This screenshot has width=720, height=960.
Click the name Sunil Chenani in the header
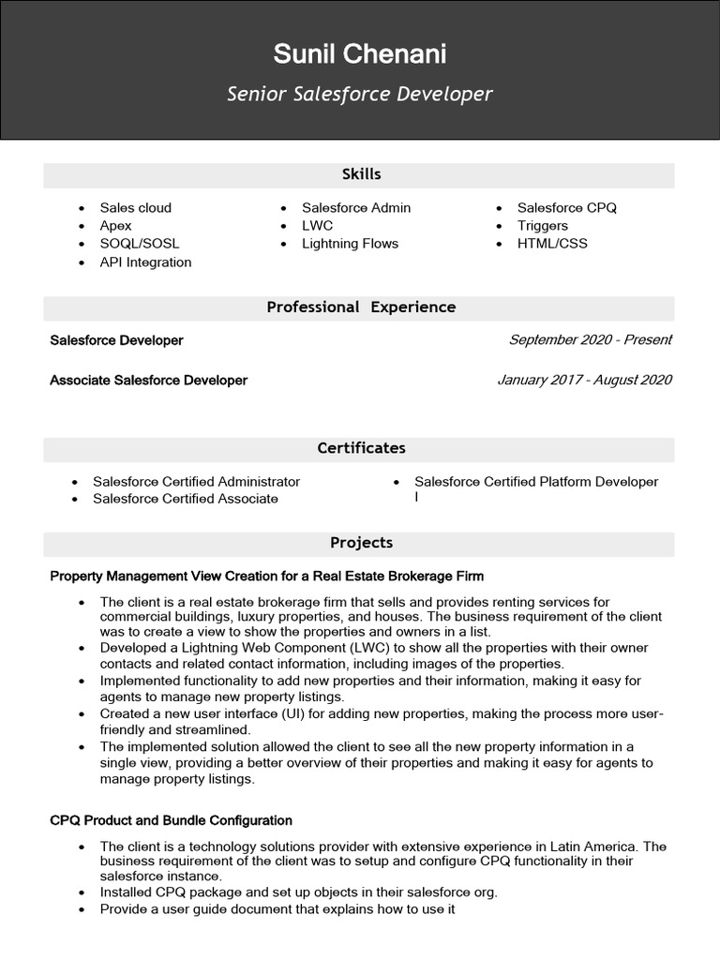(360, 54)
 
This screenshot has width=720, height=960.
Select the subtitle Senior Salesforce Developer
(360, 95)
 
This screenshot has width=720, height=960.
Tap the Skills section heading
(361, 174)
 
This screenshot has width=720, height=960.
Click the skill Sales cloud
(136, 208)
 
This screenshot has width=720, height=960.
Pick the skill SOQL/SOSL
(140, 244)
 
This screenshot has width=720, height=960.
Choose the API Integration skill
(145, 262)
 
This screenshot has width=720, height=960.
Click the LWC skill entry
(317, 226)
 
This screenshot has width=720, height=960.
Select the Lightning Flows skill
(350, 244)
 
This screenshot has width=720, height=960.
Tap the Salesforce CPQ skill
(567, 208)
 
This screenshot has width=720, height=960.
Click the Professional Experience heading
(361, 307)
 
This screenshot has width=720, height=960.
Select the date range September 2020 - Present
(590, 340)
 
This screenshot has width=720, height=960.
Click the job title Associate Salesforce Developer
(149, 381)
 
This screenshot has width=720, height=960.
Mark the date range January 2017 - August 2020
(584, 381)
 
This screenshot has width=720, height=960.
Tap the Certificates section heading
(361, 448)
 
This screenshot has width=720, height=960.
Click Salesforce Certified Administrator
(196, 482)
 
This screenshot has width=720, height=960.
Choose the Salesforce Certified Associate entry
(186, 499)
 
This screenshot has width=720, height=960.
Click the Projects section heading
(361, 543)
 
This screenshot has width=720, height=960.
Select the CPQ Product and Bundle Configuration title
(172, 820)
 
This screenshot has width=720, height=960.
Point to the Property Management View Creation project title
(267, 576)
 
